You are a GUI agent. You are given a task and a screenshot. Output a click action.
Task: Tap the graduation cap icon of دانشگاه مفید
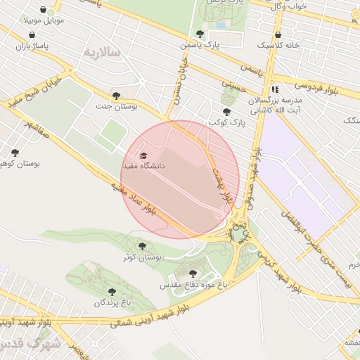[x=145, y=155]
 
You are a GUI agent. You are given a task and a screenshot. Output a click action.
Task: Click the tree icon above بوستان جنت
[x=116, y=96]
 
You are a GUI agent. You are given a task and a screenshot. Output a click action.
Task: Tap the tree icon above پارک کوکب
[x=226, y=111]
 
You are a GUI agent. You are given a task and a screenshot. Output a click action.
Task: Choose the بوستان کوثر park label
[x=143, y=257]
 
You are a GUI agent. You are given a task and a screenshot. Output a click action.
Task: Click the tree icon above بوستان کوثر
[x=143, y=246]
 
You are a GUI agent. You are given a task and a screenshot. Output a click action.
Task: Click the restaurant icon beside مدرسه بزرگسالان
[x=275, y=90]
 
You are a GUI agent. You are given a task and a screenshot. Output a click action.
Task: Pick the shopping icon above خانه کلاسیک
[x=279, y=33]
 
